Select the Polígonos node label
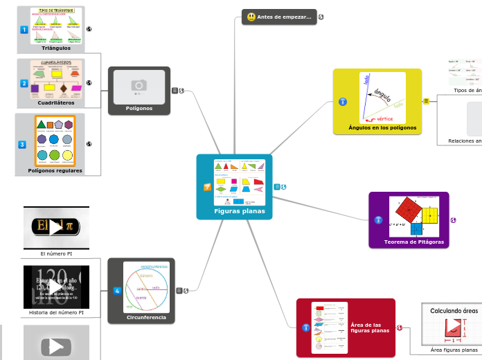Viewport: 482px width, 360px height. pos(139,108)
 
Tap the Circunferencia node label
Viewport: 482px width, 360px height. pos(146,317)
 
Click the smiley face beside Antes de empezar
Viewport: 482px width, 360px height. pos(251,17)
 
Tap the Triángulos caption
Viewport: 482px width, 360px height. pos(56,48)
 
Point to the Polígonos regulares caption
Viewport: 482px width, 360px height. pos(55,170)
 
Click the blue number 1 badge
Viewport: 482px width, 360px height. pos(24,30)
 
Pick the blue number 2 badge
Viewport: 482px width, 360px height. pos(24,84)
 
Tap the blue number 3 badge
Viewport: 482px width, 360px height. pos(22,144)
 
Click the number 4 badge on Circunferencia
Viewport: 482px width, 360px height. pos(117,290)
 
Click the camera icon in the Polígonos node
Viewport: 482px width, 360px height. pos(139,85)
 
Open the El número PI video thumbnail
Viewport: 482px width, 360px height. pos(56,227)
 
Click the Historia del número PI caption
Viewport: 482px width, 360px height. pos(57,313)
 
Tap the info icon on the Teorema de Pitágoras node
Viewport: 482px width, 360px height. pos(378,219)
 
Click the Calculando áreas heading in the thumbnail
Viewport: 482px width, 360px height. pos(454,311)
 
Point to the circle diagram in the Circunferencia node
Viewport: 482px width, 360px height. pos(146,287)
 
